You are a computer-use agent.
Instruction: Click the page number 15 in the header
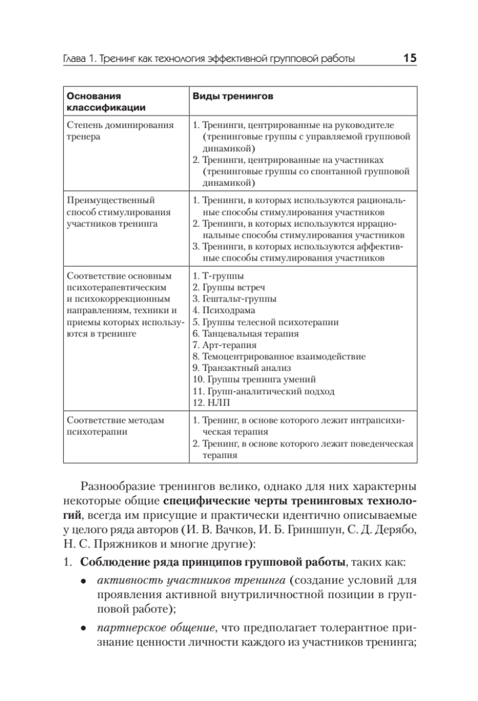coord(409,58)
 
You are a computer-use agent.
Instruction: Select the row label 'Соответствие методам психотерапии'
coord(116,426)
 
